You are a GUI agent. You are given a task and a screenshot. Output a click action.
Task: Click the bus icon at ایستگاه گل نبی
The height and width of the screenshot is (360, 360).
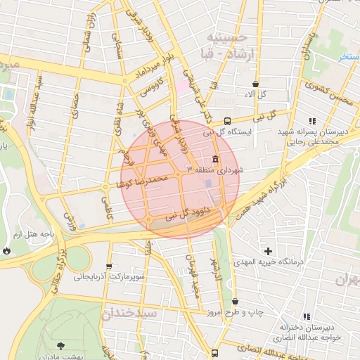[x=226, y=120]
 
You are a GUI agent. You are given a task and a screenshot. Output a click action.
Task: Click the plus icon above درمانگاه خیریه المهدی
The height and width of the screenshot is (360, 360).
[x=268, y=251]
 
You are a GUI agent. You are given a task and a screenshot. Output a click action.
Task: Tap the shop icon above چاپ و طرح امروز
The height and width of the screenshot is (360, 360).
[x=234, y=301]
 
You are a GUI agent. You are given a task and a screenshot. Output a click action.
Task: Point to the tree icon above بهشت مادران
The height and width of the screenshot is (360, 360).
[x=60, y=345]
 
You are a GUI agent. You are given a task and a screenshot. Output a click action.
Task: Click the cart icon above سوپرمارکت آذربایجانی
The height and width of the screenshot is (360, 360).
[x=108, y=266]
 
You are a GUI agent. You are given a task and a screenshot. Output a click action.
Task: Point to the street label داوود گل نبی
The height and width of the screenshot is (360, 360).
[x=181, y=215]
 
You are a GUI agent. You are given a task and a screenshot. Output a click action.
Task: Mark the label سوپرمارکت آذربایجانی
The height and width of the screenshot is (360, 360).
[x=110, y=277]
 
